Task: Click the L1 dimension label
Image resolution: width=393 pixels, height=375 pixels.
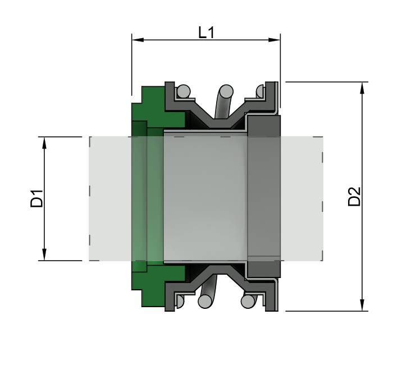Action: pos(206,33)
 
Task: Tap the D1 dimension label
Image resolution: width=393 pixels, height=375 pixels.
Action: pos(37,199)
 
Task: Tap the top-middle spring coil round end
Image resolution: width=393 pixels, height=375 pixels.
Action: pos(226,90)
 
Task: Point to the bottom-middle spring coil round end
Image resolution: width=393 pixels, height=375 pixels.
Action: pos(205,302)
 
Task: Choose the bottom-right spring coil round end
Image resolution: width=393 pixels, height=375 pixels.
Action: pos(247,301)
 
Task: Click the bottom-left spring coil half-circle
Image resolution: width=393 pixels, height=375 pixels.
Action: pos(179,301)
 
